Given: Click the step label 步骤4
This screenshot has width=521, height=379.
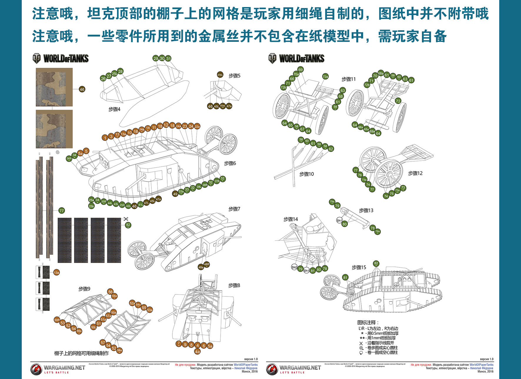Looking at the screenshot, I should click(114, 109).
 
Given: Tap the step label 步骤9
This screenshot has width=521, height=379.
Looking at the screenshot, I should click(84, 289).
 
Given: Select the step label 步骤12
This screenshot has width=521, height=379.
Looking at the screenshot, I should click(415, 173).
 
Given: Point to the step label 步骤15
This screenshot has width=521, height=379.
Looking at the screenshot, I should click(359, 267).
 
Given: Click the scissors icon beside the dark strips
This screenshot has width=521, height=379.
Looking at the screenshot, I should click(126, 219).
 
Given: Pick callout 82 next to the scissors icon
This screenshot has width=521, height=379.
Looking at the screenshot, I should click(128, 225).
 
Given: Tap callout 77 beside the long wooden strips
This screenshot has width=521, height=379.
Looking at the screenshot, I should click(61, 211).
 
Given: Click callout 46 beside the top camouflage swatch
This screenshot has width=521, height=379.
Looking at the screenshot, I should click(82, 89).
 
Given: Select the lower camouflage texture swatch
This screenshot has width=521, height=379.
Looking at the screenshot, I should click(54, 129).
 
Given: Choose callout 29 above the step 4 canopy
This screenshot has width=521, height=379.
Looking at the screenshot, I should click(156, 58).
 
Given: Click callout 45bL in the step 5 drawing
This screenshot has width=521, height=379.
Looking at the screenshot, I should click(220, 75).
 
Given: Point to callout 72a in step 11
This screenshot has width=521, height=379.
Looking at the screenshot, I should click(325, 77).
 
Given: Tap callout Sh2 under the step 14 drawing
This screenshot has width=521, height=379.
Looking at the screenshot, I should click(294, 267).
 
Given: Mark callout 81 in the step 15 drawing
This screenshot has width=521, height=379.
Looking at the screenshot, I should click(345, 277).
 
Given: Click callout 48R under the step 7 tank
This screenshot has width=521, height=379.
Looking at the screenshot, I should click(207, 264).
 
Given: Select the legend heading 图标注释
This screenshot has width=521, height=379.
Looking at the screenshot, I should click(368, 322).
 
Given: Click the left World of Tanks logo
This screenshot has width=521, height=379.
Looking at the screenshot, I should click(61, 59).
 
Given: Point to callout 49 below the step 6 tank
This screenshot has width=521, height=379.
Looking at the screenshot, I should click(175, 194).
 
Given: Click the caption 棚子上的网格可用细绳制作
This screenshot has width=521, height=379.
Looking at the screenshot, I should click(81, 353).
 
